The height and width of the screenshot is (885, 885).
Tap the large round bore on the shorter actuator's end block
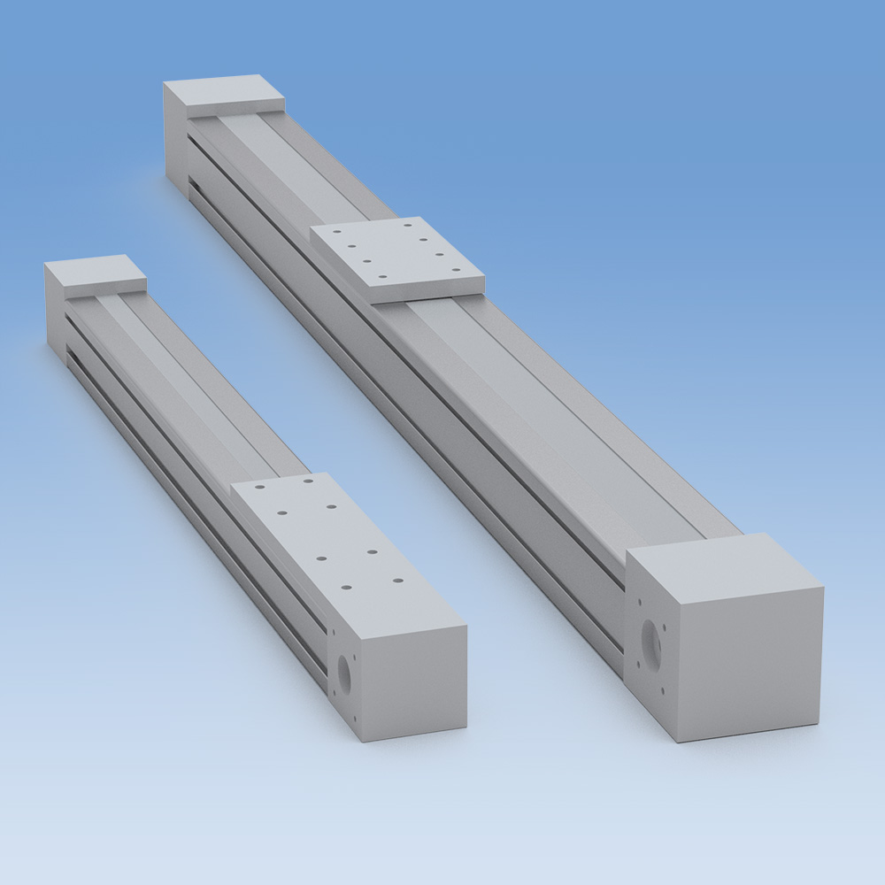pyautogui.click(x=342, y=676)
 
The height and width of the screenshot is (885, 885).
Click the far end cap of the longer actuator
pyautogui.click(x=221, y=94)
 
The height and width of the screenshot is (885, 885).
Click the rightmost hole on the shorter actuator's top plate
pyautogui.click(x=397, y=581)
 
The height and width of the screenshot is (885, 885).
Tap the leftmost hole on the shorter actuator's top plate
pyautogui.click(x=258, y=486)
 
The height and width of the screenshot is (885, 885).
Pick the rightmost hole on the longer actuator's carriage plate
pyautogui.click(x=457, y=270)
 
